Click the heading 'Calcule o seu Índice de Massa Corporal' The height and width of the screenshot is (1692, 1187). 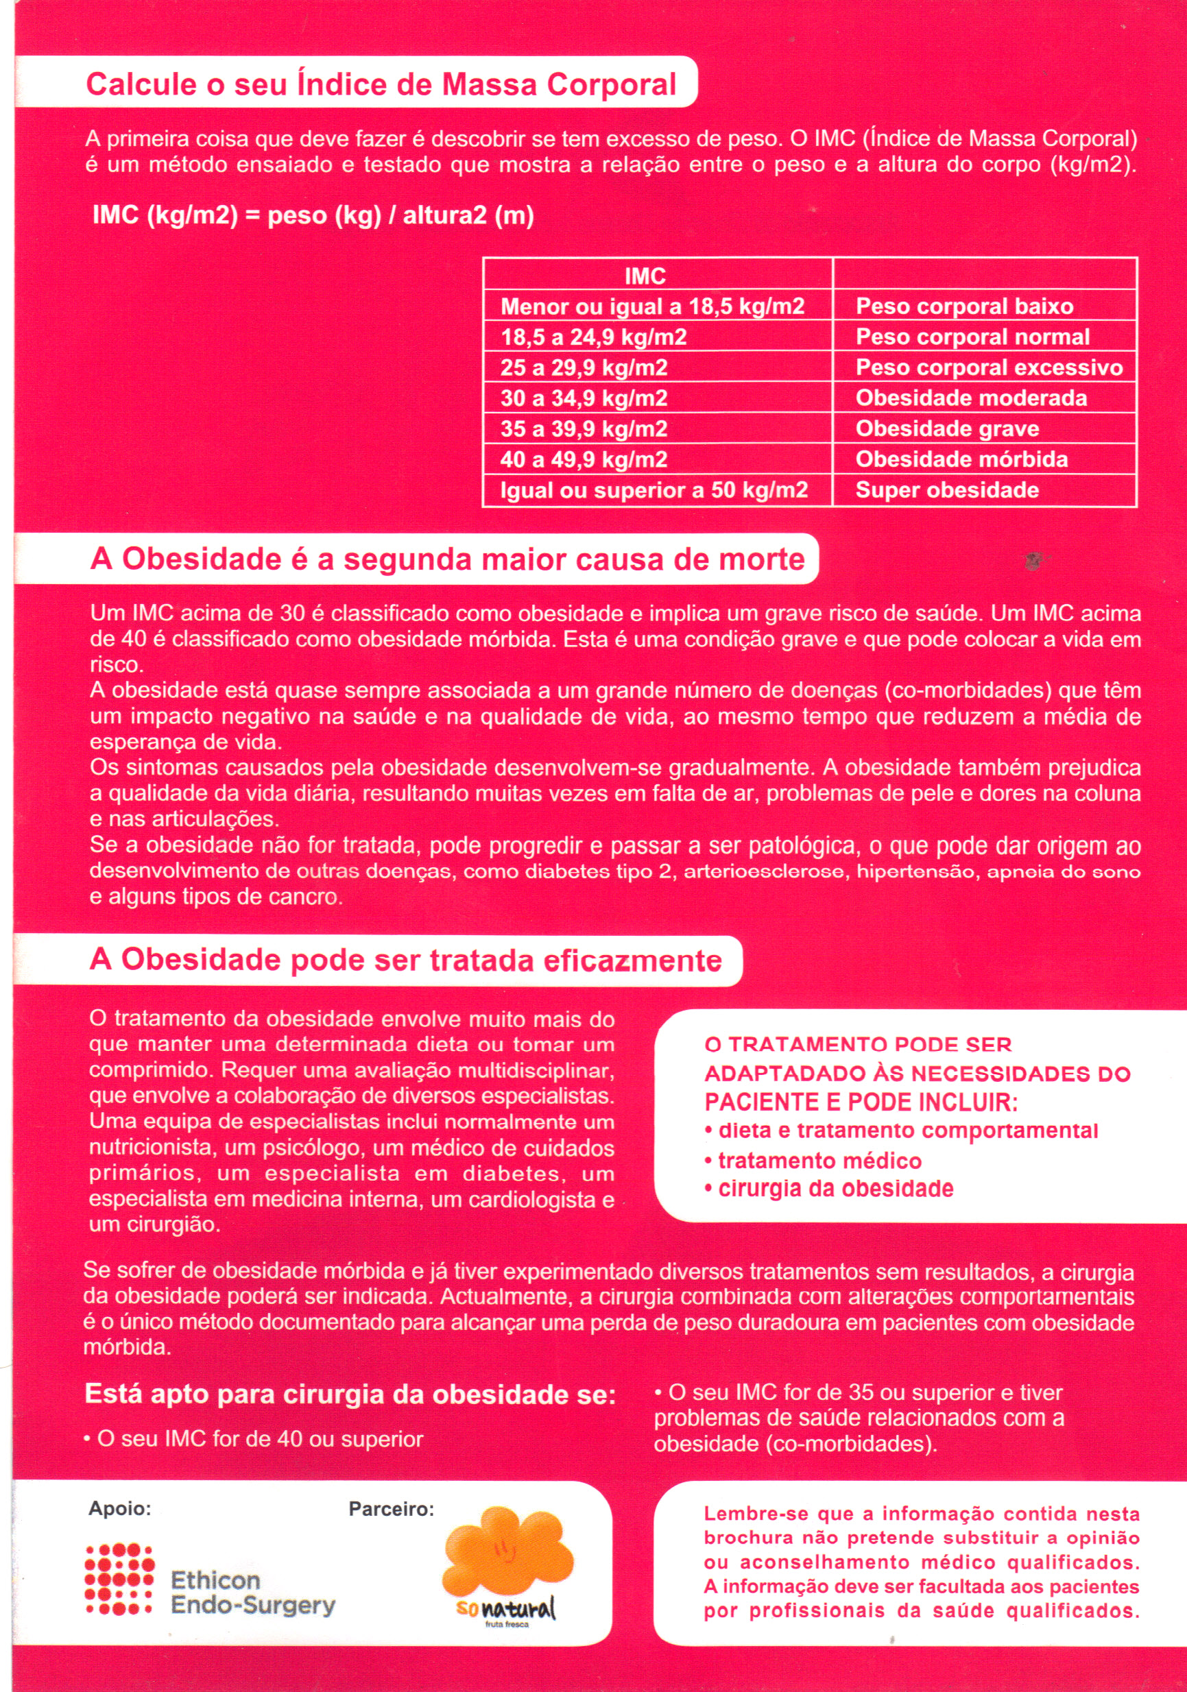point(381,84)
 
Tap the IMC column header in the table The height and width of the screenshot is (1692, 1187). point(645,276)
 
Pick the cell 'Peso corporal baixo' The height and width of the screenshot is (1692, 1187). point(964,306)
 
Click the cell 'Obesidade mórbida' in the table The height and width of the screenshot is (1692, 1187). point(961,460)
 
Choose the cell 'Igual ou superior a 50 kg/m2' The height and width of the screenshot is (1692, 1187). point(654,491)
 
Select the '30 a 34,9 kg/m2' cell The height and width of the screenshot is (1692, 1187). point(584,399)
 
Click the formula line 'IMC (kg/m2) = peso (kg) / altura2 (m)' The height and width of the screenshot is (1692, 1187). point(313,216)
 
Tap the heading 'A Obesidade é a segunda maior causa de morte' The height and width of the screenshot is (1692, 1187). point(447,559)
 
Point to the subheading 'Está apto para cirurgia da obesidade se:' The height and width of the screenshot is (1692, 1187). point(350,1395)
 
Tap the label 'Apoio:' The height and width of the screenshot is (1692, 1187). point(119,1508)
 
